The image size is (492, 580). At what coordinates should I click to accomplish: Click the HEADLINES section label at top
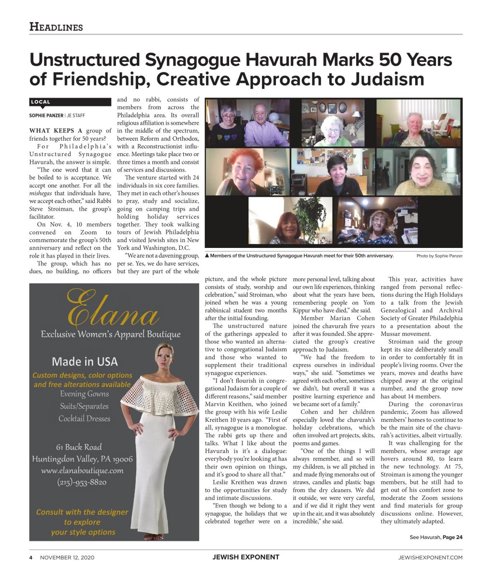coord(56,27)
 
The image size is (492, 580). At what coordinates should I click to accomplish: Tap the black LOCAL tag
coord(41,102)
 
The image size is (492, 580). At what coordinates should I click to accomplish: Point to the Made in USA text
coord(85,361)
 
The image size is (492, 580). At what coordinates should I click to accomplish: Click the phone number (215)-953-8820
coord(82,482)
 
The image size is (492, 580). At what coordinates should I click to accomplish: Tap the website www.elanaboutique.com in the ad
coord(82,470)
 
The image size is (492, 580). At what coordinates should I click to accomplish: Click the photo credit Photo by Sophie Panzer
coord(439,256)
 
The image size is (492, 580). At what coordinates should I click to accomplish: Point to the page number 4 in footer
coord(31,557)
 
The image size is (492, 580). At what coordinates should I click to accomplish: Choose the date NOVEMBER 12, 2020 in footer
coord(67,557)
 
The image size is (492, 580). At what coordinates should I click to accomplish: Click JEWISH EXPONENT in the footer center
coord(246,557)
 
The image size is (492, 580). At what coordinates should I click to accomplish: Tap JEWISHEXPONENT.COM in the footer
coord(430,557)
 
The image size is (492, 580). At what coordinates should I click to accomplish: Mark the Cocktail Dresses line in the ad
coord(85,419)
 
